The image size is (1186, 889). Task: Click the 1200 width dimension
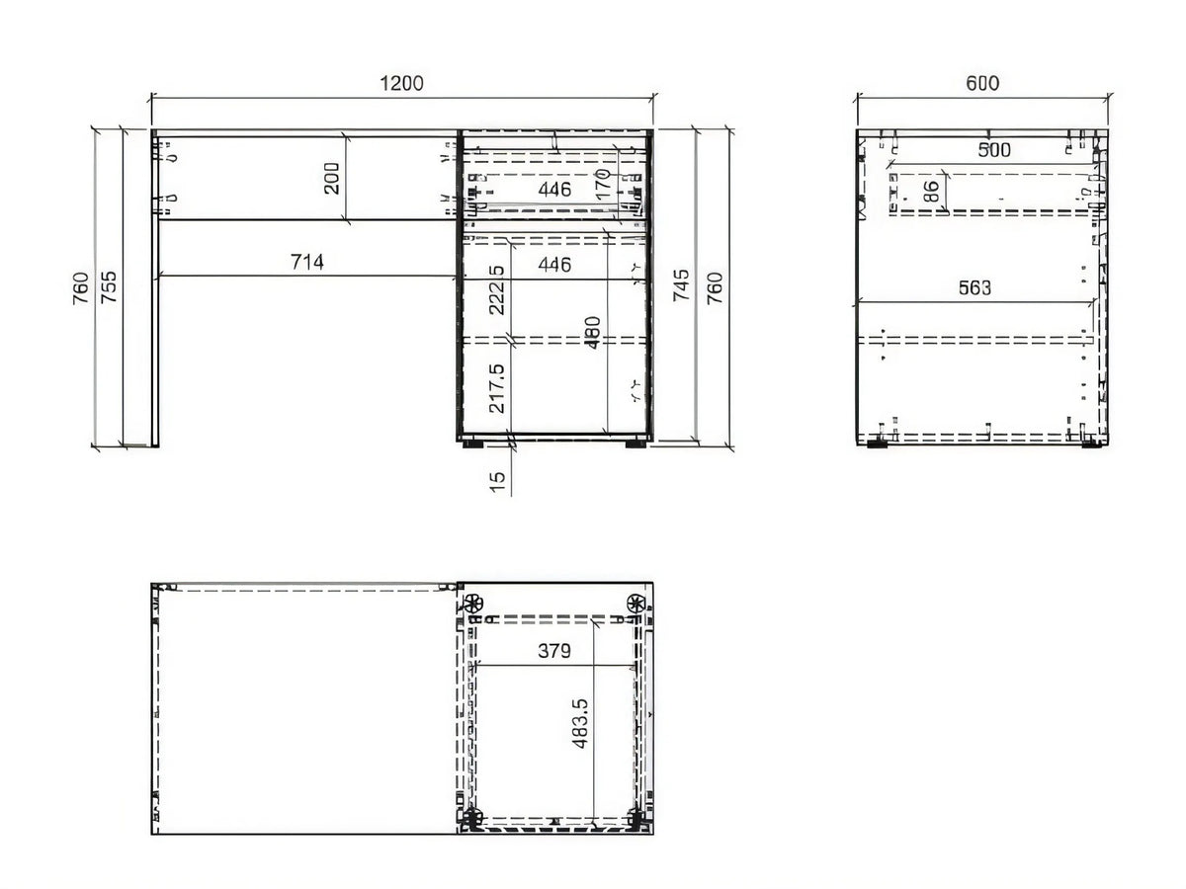tap(401, 84)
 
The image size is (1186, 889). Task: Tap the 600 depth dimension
tap(982, 84)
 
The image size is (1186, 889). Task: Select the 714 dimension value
tap(307, 263)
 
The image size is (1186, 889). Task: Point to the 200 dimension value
tap(332, 178)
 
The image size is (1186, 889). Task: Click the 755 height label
tap(109, 286)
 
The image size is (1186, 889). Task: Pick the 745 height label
tap(681, 285)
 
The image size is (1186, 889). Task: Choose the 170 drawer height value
tap(603, 184)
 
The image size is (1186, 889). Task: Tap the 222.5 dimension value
tap(496, 289)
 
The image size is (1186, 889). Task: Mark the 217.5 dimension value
tap(496, 388)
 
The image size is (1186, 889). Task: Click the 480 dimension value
tap(593, 333)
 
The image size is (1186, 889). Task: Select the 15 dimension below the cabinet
tap(497, 481)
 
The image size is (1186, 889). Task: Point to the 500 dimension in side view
tap(994, 150)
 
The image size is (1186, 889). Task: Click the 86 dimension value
tap(931, 192)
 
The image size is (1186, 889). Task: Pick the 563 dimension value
tap(974, 288)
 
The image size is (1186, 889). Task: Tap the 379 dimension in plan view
tap(554, 651)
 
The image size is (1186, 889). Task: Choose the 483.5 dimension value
tap(579, 724)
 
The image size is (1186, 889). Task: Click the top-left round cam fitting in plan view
tap(473, 603)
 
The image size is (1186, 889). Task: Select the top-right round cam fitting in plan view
tap(635, 603)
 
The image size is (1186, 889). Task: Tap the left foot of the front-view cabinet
tap(472, 444)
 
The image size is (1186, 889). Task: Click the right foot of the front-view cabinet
tap(635, 444)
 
